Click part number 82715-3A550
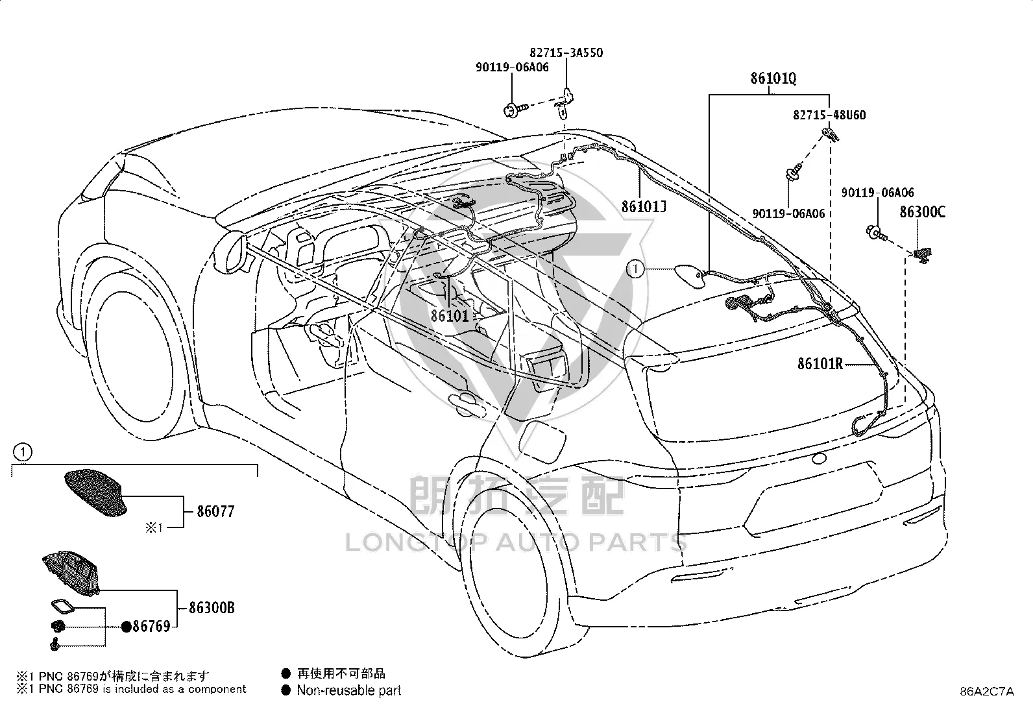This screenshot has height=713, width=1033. pos(566,53)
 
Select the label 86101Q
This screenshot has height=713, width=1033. pos(773,79)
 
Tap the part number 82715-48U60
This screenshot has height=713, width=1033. pos(829,115)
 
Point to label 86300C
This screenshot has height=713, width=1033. pos(922,212)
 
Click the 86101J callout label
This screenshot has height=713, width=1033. pos(644,206)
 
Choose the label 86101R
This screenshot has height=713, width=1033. pos(820,364)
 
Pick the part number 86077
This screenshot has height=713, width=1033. pos(216,511)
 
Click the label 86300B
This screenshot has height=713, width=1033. pos(212,608)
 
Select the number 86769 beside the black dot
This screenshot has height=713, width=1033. pos(151,626)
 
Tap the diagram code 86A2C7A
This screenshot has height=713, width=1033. pos(987,692)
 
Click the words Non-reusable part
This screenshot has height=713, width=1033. pos(349,690)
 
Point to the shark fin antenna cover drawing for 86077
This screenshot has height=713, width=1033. pos(95,493)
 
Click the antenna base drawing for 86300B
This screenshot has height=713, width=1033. pos(71,572)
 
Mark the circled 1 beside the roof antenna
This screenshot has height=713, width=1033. pos(635,269)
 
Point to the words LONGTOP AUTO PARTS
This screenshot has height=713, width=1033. pos(516,542)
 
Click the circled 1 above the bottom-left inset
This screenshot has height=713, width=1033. pos(23,452)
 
